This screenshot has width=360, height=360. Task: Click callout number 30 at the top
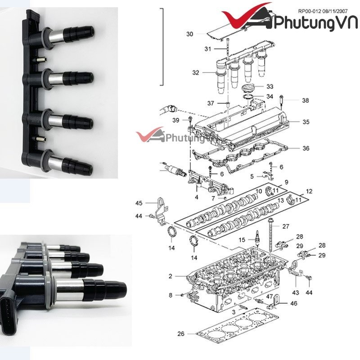[189, 34]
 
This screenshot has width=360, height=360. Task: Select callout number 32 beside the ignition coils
[195, 72]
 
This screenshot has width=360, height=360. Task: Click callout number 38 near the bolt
[306, 101]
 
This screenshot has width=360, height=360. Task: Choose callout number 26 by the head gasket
[180, 333]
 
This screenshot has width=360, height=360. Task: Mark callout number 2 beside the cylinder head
[171, 276]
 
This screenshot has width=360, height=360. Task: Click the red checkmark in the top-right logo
[245, 18]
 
